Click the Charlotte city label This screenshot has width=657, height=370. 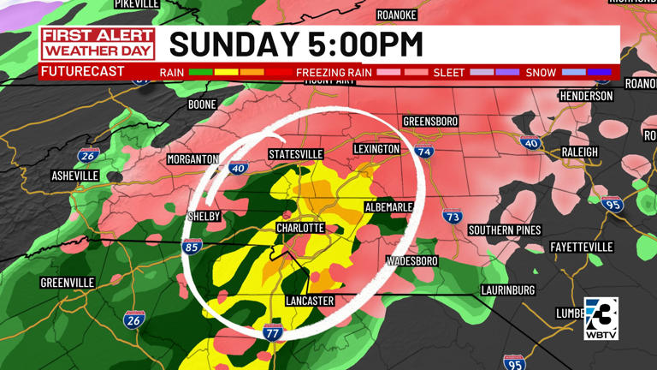[x=300, y=229]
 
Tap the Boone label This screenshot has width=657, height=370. [x=202, y=104]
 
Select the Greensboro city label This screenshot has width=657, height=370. [x=430, y=122]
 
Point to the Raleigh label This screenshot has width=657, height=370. [x=580, y=152]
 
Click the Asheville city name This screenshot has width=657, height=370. [x=75, y=176]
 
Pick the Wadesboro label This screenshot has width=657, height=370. [x=412, y=260]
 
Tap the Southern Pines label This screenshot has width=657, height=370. [x=504, y=230]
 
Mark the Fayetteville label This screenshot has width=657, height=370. [x=582, y=248]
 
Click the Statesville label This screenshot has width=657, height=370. [x=296, y=154]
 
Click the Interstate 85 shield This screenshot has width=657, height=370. [x=192, y=248]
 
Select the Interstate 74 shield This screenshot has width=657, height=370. [x=425, y=152]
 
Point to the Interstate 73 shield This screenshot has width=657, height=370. [x=453, y=217]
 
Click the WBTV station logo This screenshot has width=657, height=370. [x=601, y=319]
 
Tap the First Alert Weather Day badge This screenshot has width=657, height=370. [x=98, y=43]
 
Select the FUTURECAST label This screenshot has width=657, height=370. [x=82, y=72]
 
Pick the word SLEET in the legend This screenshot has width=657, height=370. [x=450, y=73]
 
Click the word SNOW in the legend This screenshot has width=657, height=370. [x=541, y=73]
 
